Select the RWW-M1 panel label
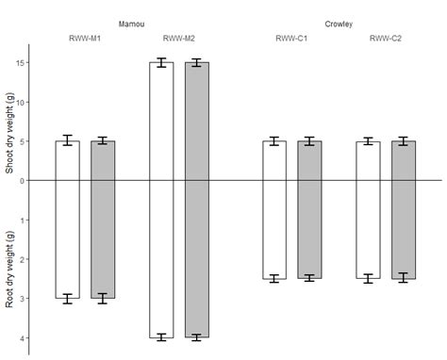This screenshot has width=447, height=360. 85,39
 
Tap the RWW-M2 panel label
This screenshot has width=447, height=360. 178,39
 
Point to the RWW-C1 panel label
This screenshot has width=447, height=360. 291,39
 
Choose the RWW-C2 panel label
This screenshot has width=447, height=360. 385,39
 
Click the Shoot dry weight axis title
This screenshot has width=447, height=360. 9,133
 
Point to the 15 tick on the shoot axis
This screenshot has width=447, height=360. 20,62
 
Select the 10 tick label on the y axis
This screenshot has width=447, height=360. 20,102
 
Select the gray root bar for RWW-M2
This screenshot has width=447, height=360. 197,258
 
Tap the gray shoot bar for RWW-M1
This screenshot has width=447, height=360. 103,160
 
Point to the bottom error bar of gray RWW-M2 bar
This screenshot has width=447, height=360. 197,336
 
